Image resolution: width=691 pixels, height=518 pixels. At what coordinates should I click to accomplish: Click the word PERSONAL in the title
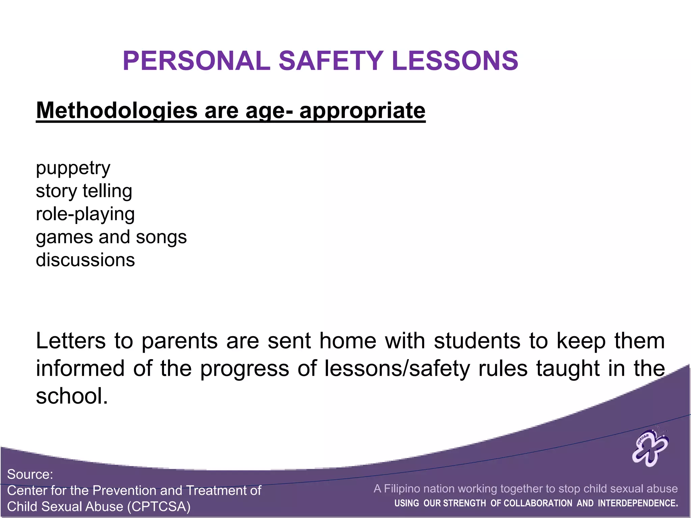click(196, 61)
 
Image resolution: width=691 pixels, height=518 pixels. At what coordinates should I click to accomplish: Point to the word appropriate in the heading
click(362, 111)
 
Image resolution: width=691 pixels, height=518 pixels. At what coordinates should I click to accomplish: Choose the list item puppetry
click(73, 168)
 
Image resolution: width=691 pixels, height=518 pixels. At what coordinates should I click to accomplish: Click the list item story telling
click(84, 191)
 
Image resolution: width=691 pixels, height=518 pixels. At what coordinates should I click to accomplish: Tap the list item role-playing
click(85, 214)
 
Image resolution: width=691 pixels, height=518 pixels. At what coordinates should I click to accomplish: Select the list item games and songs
click(111, 237)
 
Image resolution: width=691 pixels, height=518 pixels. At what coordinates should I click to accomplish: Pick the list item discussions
click(85, 260)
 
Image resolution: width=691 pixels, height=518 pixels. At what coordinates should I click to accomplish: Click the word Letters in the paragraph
click(71, 341)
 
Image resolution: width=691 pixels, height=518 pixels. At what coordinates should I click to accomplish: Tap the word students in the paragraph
click(477, 341)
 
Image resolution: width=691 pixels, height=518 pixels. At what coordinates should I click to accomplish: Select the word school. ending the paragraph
click(72, 396)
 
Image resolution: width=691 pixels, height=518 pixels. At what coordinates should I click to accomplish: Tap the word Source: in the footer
click(30, 474)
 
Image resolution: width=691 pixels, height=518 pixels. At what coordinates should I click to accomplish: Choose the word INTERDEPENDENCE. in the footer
click(638, 503)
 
